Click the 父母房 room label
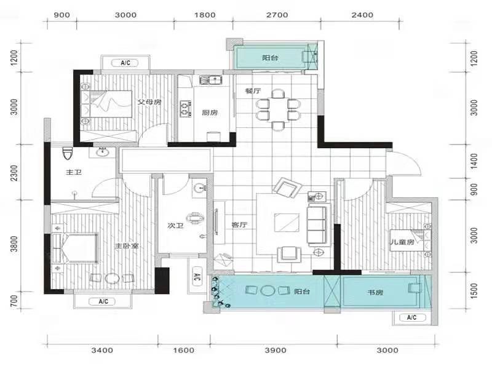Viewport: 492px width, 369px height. click(149, 102)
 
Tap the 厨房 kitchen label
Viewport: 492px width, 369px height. click(210, 113)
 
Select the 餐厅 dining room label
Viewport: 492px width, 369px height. click(253, 91)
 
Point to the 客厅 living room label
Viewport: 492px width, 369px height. click(239, 224)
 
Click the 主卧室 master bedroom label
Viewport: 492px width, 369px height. click(127, 245)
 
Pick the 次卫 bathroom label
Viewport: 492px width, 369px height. click(175, 225)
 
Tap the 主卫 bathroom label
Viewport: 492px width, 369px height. click(74, 172)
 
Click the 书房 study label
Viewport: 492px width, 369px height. click(375, 293)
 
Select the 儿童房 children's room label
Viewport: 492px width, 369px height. click(402, 242)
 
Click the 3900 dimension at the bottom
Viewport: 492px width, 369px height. click(276, 350)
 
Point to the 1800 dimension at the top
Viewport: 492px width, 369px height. click(205, 15)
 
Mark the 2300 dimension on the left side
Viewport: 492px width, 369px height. click(14, 173)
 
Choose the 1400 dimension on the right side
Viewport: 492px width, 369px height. click(474, 161)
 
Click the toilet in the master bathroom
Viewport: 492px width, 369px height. click(68, 153)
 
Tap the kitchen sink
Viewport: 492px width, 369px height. click(211, 80)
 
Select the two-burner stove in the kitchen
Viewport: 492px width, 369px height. click(186, 108)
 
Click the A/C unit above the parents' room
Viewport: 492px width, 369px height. click(125, 63)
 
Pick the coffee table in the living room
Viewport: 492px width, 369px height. click(287, 223)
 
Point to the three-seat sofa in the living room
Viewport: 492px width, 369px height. click(317, 224)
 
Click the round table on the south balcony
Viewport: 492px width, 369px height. click(268, 290)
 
